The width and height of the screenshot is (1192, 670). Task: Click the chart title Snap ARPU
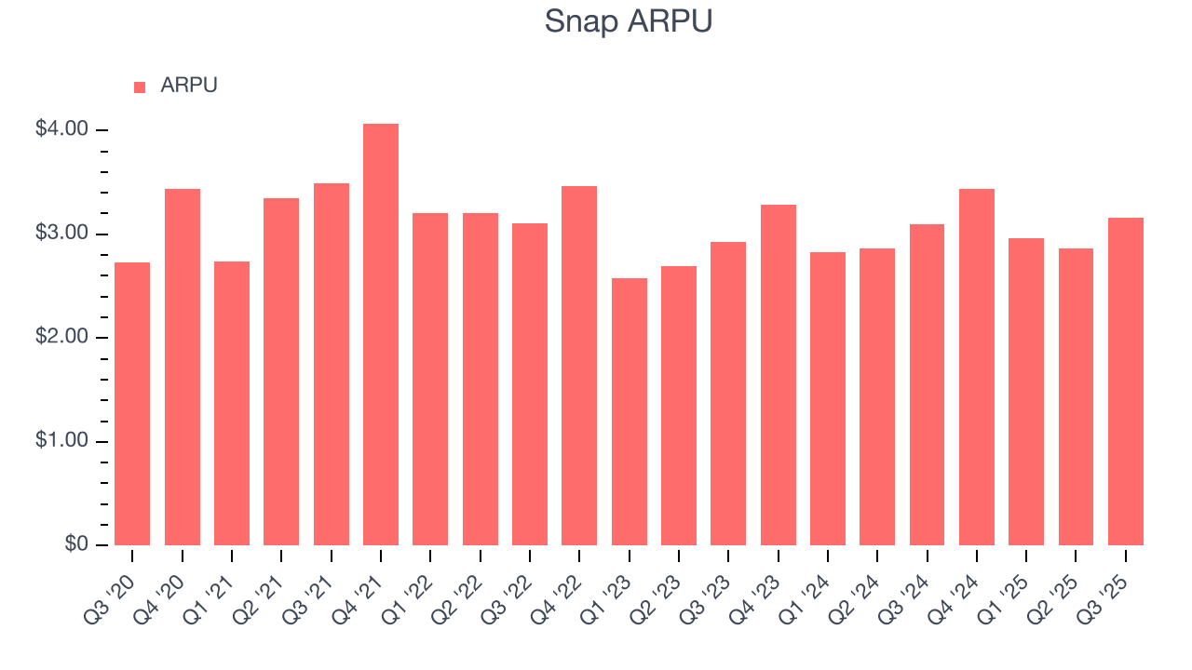click(x=629, y=21)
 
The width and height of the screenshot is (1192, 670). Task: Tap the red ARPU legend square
click(x=140, y=87)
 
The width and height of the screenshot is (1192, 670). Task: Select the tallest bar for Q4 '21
click(x=381, y=334)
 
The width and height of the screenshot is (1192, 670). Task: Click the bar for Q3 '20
click(x=132, y=404)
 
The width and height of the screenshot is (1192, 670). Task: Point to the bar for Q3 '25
click(x=1126, y=382)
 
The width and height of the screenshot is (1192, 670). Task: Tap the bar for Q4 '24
click(x=977, y=367)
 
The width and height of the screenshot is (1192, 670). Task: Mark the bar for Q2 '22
click(x=481, y=379)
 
